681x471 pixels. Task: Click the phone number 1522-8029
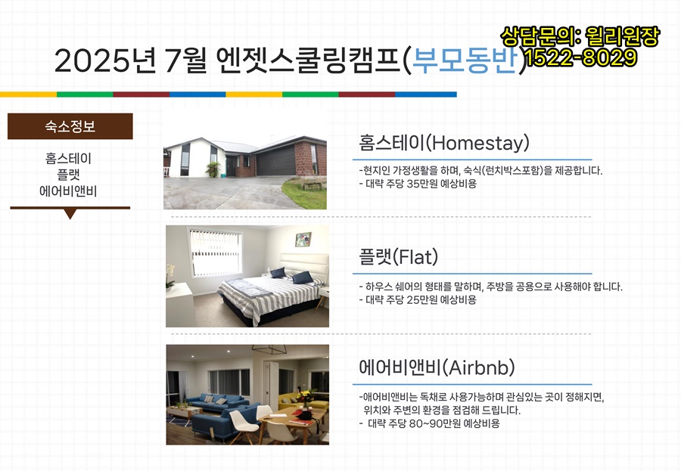(582, 57)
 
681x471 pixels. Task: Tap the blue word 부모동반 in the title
(465, 60)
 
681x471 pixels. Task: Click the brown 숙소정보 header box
(70, 126)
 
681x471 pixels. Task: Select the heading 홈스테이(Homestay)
(444, 142)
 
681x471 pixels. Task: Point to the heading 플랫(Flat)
(398, 256)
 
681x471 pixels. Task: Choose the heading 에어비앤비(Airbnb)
(437, 367)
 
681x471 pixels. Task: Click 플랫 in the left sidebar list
(69, 175)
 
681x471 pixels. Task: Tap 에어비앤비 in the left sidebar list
(68, 191)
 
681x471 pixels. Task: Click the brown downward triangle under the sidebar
(70, 214)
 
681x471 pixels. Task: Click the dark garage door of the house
(275, 160)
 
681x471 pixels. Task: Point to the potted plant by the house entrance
(213, 169)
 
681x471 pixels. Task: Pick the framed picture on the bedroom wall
(303, 240)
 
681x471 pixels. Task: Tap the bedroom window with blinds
(215, 253)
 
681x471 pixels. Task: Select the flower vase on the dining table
(306, 398)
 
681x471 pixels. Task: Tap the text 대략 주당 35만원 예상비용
(421, 184)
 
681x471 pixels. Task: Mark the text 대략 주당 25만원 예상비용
(421, 299)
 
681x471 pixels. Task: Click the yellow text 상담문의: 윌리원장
(580, 36)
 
